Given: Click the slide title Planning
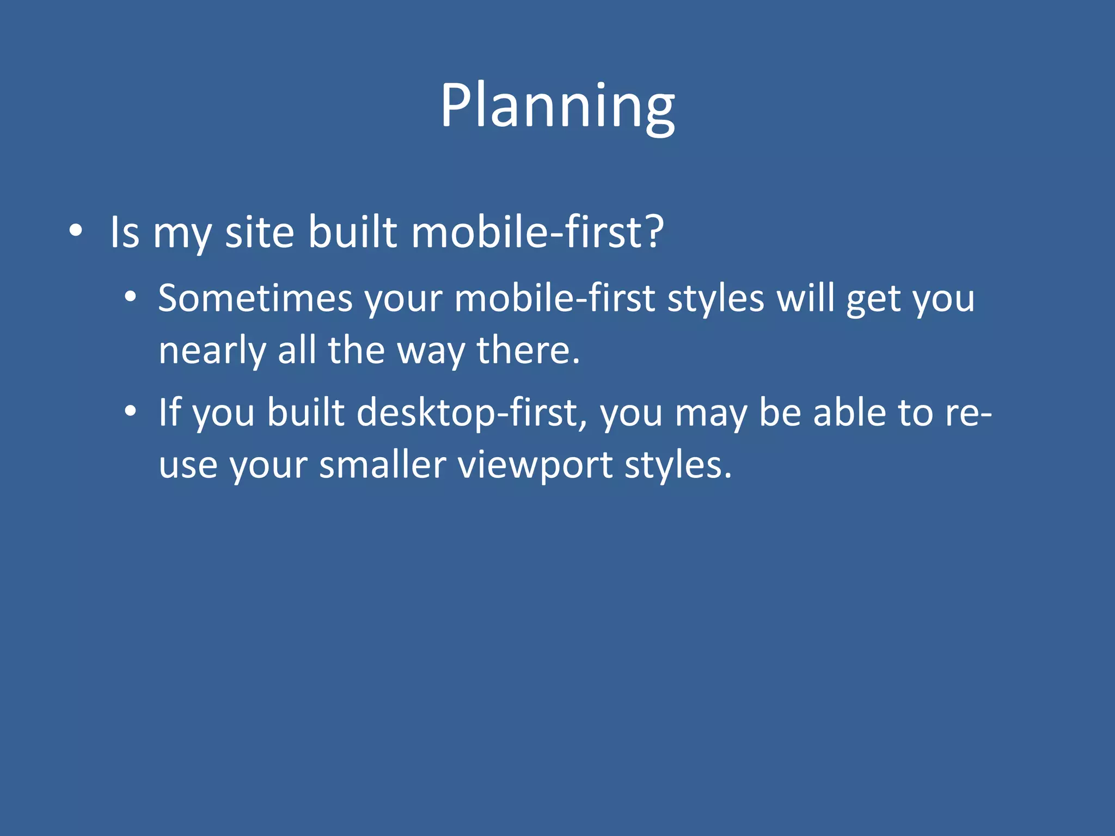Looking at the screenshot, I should click(x=557, y=106).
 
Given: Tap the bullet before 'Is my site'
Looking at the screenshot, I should click(x=76, y=231).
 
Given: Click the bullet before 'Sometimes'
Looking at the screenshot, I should click(x=130, y=297).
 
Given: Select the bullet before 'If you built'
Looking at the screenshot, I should click(x=130, y=411).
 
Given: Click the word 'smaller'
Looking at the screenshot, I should click(x=382, y=465).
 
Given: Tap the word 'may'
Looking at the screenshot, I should click(x=710, y=414).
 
